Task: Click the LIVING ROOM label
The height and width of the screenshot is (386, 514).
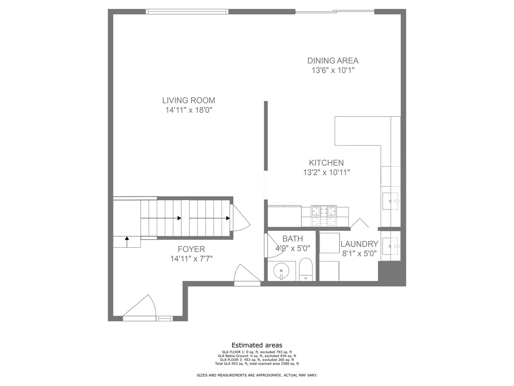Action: tap(188, 100)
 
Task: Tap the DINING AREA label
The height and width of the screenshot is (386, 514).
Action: tap(333, 61)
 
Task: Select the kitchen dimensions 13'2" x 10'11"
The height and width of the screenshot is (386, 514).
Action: tap(326, 173)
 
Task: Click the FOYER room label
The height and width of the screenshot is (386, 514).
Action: tap(191, 249)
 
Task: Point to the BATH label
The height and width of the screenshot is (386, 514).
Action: tap(292, 239)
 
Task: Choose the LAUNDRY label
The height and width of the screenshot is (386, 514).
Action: tap(359, 244)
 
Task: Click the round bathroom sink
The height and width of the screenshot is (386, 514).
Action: tap(281, 271)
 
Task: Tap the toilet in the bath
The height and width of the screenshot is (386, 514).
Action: tap(306, 269)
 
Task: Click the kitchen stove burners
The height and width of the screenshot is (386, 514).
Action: tap(324, 216)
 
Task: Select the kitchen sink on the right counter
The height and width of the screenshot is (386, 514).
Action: tap(390, 201)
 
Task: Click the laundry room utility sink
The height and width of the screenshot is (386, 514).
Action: tap(390, 246)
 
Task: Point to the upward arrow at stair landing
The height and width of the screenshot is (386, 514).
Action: tap(127, 242)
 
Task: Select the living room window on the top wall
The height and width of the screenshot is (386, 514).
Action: tap(187, 12)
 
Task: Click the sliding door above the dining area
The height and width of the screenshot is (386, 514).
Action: tap(335, 12)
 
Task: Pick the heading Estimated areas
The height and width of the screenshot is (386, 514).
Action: tap(257, 345)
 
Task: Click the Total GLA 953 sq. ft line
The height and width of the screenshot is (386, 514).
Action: tap(257, 364)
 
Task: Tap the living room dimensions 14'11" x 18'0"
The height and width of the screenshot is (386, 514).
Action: tap(188, 110)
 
